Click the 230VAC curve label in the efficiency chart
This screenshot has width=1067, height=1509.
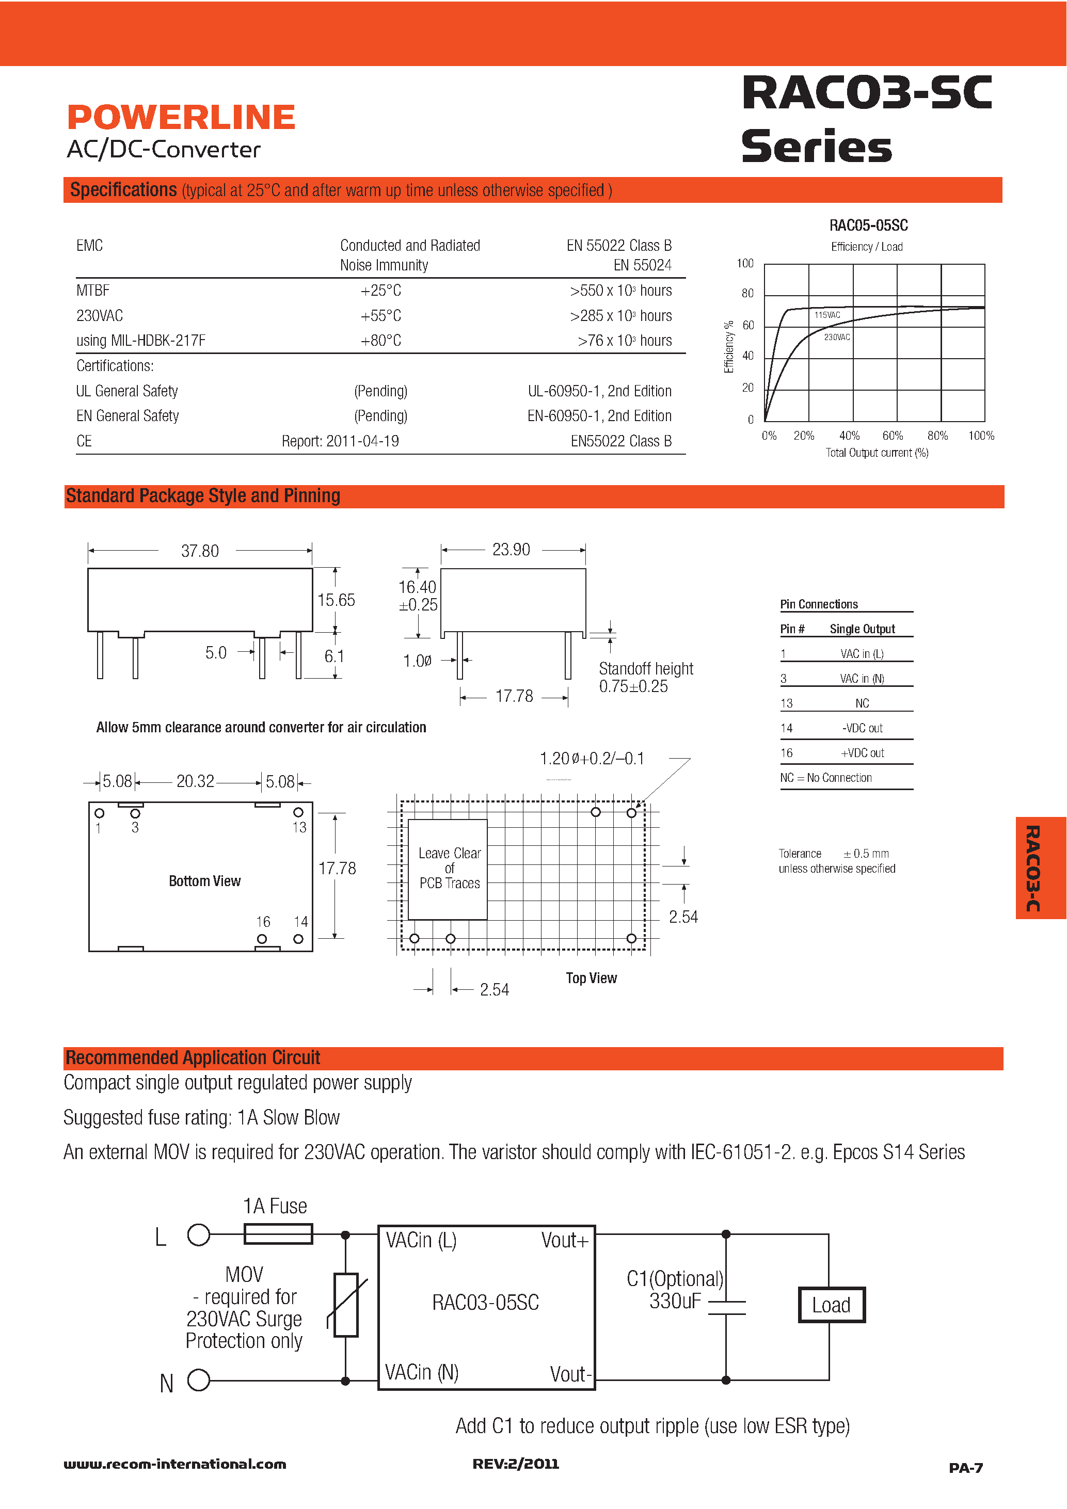(836, 337)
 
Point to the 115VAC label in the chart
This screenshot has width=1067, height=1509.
(826, 315)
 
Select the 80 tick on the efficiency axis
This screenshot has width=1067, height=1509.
(747, 293)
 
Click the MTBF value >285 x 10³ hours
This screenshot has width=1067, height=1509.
(620, 316)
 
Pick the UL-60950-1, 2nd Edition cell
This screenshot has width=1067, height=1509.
(599, 391)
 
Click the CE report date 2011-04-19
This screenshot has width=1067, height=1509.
(362, 441)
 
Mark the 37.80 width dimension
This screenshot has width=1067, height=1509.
(200, 551)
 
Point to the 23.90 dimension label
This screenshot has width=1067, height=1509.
(511, 550)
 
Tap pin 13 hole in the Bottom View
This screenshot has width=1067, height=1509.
(298, 812)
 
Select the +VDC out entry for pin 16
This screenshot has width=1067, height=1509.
(862, 753)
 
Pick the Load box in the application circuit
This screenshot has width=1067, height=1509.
(831, 1305)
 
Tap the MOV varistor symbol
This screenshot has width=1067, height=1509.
(346, 1305)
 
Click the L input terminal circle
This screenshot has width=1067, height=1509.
(199, 1235)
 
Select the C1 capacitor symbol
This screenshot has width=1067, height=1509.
(726, 1307)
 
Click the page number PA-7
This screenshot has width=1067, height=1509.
(965, 1468)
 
